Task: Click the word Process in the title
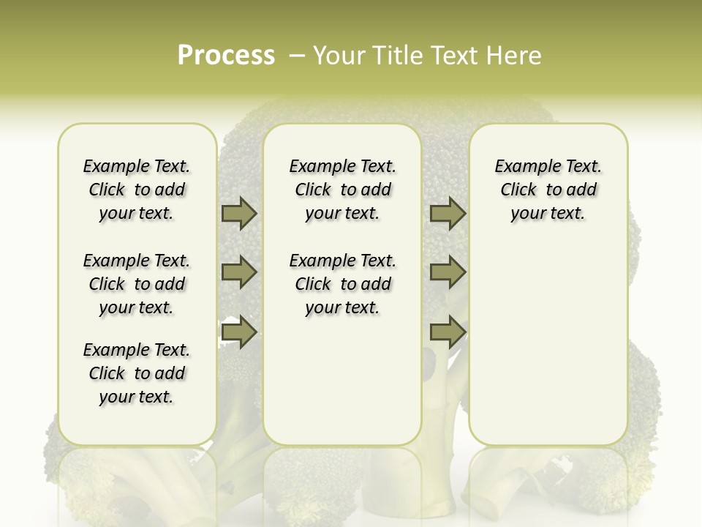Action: (x=226, y=56)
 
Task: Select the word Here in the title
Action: (x=513, y=56)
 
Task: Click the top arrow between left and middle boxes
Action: (x=239, y=213)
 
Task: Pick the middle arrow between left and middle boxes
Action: (x=239, y=272)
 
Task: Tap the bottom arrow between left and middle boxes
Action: (x=239, y=332)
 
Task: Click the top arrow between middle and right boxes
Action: (x=448, y=213)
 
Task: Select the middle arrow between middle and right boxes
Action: (x=448, y=272)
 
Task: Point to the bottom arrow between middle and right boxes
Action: (x=448, y=332)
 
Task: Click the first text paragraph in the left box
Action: (x=137, y=190)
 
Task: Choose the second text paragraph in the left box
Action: (x=137, y=284)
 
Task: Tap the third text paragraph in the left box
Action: (x=137, y=373)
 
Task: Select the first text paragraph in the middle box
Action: (x=342, y=190)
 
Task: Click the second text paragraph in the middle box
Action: (x=342, y=284)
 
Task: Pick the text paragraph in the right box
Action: (x=548, y=190)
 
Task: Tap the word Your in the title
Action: (x=339, y=56)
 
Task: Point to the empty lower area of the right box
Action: (x=548, y=351)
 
